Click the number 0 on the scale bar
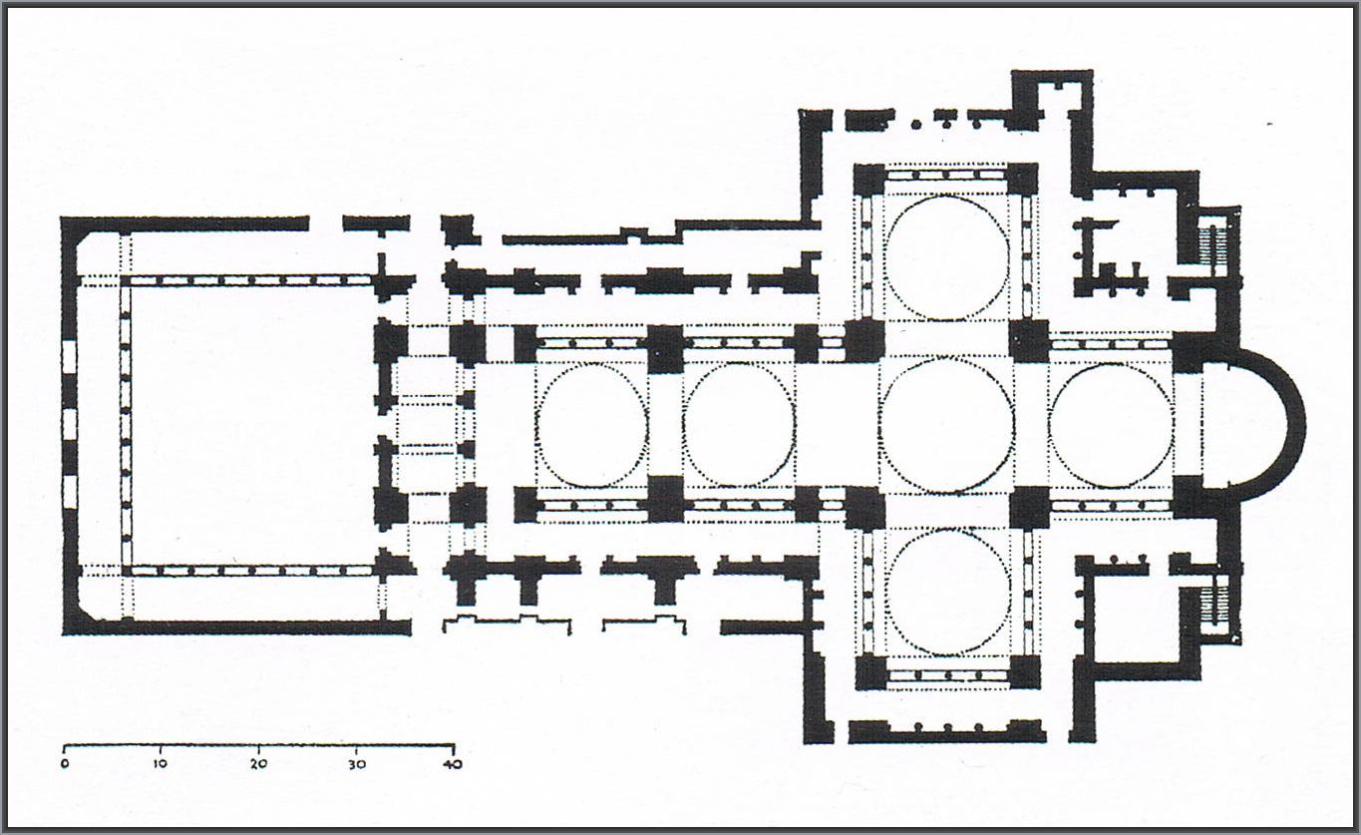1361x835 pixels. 65,764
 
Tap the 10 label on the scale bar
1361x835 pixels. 161,764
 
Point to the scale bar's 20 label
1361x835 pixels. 259,764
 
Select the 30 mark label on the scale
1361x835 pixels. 357,764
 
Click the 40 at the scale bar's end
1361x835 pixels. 453,764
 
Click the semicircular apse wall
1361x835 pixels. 1299,424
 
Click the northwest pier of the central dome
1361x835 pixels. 864,340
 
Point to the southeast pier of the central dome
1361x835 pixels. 1029,508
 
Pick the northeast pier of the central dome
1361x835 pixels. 1029,340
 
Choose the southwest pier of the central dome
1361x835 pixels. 864,508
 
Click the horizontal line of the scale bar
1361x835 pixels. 259,745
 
